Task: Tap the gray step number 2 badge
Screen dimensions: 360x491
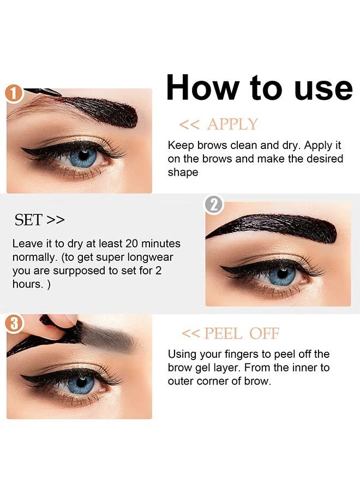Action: (214, 205)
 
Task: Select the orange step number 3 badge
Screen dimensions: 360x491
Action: (14, 324)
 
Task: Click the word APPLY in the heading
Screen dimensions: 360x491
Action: (232, 124)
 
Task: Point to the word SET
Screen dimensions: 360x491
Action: (28, 220)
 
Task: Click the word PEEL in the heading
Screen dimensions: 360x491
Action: (223, 333)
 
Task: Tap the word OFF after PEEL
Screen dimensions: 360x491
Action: (264, 333)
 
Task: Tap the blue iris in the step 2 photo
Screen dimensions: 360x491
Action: (282, 274)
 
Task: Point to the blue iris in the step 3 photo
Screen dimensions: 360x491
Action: (81, 382)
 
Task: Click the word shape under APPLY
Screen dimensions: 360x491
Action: (183, 172)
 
